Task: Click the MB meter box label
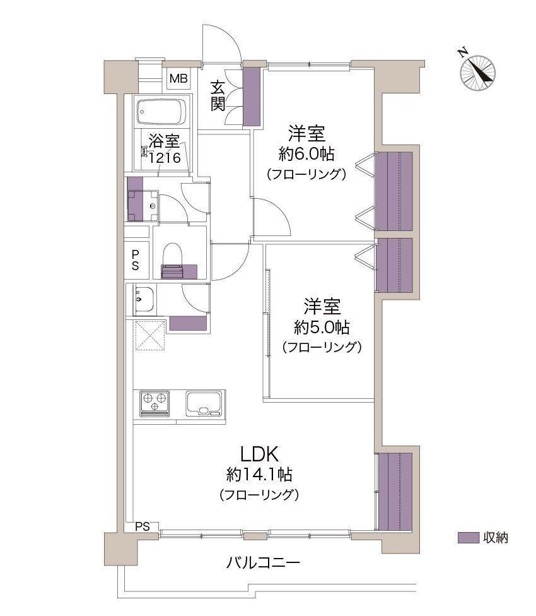pos(178,78)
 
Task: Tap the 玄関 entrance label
pos(218,96)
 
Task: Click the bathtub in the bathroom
pos(162,112)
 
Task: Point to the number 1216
pos(165,158)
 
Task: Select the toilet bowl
pos(173,256)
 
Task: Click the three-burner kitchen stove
pos(154,403)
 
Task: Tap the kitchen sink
pos(204,403)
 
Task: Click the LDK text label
pos(259,454)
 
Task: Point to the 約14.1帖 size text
pos(259,475)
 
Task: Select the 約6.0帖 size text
pos(306,153)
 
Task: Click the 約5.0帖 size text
pos(322,327)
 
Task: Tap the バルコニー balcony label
pos(264,562)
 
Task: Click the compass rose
pos(478,73)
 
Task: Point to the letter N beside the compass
pos(463,52)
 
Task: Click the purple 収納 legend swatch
pos(469,538)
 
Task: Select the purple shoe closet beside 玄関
pos(252,97)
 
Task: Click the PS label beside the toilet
pos(136,259)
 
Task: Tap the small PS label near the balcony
pos(143,526)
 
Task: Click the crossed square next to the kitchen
pos(150,335)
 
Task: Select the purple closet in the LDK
pos(395,492)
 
